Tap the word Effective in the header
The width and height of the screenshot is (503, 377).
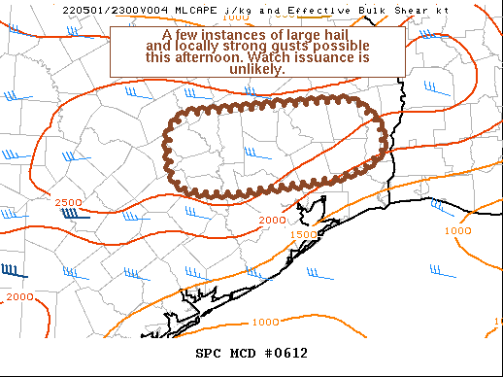(291, 9)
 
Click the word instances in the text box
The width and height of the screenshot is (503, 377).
(220, 34)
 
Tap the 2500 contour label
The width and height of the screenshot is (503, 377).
(68, 202)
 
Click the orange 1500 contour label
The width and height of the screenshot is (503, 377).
(303, 234)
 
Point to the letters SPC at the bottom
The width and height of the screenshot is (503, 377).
(210, 353)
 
